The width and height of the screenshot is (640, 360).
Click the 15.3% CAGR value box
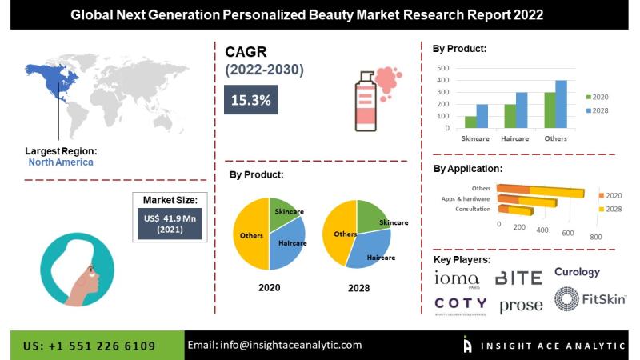click(250, 100)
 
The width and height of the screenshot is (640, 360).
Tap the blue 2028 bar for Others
click(562, 104)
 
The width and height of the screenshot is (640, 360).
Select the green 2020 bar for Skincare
click(470, 122)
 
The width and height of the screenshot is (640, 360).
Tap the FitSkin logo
click(590, 299)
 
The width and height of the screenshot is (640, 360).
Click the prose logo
click(521, 305)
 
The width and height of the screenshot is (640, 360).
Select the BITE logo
click(518, 278)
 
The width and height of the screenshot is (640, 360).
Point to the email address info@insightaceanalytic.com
click(274, 345)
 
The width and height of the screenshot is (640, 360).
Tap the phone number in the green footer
click(89, 346)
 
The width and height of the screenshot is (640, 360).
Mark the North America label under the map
click(61, 162)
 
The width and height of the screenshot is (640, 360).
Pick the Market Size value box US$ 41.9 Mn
click(170, 222)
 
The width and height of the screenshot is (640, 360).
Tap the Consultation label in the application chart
click(472, 210)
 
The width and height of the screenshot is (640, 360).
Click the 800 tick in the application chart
click(595, 237)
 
